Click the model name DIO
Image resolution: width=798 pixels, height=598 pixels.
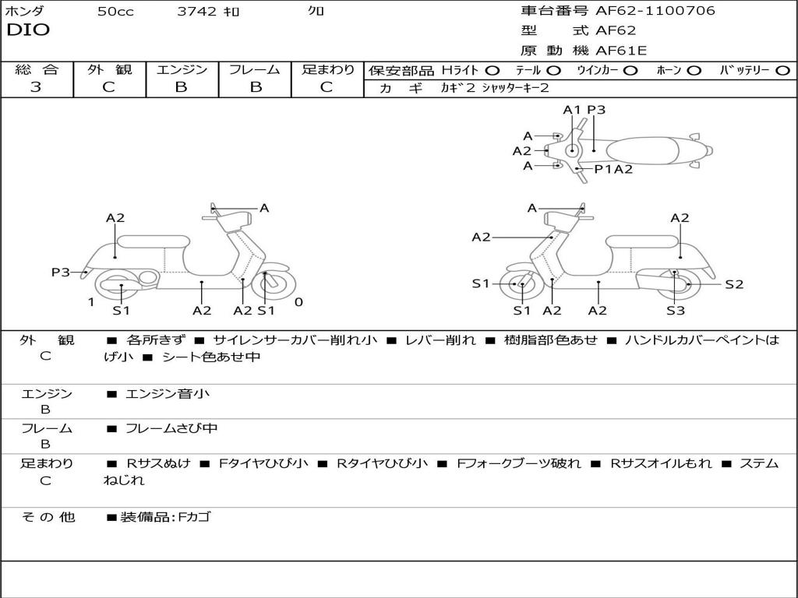click(x=28, y=30)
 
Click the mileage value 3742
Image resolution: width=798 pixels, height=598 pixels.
click(x=197, y=12)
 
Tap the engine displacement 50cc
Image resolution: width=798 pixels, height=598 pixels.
click(x=115, y=12)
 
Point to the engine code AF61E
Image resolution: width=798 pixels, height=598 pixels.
click(x=621, y=51)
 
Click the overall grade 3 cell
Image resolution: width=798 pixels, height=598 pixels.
click(x=36, y=87)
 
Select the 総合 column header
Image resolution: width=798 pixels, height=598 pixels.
click(x=36, y=70)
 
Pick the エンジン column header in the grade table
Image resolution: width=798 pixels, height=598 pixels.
click(x=182, y=70)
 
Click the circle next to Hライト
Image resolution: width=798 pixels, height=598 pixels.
click(x=493, y=71)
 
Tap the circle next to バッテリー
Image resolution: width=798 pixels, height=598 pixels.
click(x=782, y=71)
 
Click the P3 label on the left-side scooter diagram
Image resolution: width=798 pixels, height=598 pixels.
click(x=61, y=272)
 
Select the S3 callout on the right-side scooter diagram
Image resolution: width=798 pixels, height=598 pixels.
click(x=675, y=311)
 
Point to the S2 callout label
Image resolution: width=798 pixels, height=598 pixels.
click(x=734, y=284)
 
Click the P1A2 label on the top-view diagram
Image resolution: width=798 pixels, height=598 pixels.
click(x=613, y=169)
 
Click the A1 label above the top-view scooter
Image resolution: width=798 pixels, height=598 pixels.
click(x=573, y=110)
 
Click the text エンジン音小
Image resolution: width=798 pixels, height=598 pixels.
click(x=168, y=394)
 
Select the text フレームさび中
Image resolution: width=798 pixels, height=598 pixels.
click(x=171, y=428)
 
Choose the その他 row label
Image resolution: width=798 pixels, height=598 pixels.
click(x=48, y=517)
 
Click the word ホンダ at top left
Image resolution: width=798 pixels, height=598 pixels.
click(x=25, y=11)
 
